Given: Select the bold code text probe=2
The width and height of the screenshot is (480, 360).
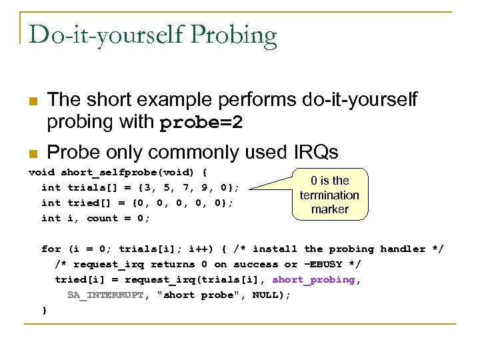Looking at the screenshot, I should [201, 123].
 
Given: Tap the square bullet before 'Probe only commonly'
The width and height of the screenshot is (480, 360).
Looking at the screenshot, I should [32, 153].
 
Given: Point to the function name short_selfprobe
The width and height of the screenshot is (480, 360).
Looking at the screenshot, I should [103, 172].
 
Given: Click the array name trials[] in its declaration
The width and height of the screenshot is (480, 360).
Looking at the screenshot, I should [89, 187].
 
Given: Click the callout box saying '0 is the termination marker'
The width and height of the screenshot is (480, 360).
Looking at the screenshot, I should [329, 195].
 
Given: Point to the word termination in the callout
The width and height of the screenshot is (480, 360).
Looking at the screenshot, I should [329, 195].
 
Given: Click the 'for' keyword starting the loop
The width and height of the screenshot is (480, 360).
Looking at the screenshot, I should [51, 249].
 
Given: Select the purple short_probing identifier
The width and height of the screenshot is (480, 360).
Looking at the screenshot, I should [313, 279].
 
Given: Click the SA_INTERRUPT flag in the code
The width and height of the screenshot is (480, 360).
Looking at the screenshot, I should [105, 295].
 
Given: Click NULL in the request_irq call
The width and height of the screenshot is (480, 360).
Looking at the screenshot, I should [265, 295].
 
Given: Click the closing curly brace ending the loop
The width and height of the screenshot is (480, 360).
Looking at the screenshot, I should [44, 310].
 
